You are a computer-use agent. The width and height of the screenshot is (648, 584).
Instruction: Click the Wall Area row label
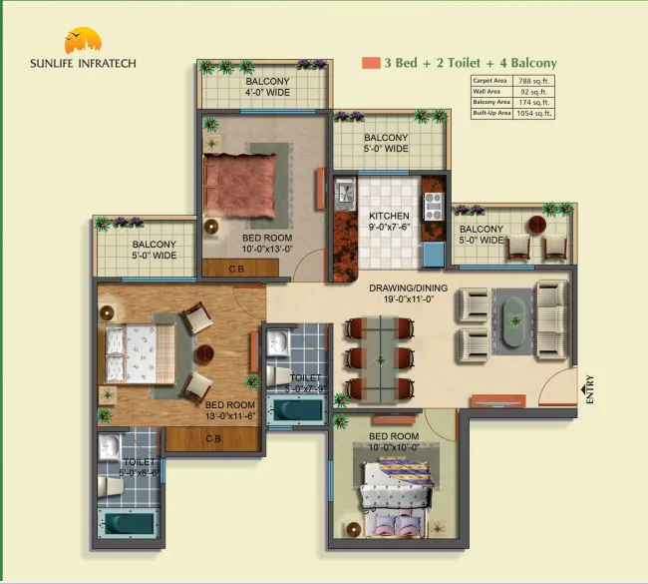[x=486, y=91]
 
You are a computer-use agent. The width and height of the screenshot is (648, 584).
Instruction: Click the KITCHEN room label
[x=389, y=215]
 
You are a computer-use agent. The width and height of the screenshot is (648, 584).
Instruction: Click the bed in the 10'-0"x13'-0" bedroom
[x=238, y=181]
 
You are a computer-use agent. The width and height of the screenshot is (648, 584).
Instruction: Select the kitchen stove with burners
[x=435, y=206]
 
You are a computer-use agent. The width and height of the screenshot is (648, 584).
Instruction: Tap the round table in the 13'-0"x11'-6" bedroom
[x=204, y=352]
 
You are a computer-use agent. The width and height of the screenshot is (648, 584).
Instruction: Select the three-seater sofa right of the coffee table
[x=551, y=318]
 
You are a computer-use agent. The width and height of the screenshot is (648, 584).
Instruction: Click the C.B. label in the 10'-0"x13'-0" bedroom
[x=237, y=269]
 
